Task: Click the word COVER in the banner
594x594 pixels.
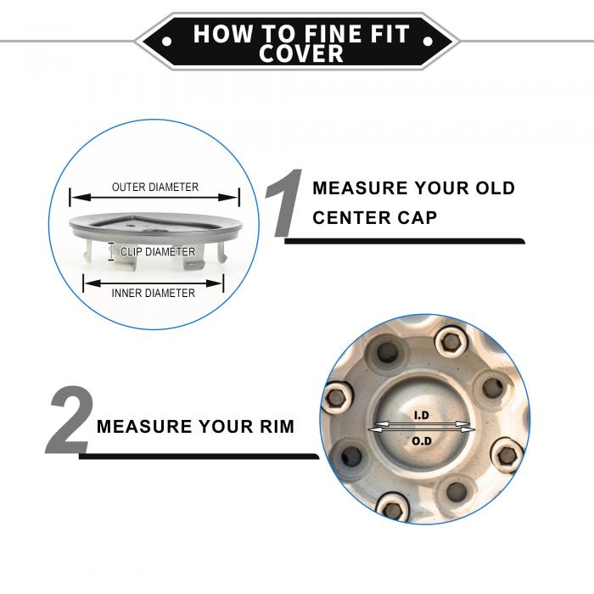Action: [x=301, y=53]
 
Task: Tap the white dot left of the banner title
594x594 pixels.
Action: [x=166, y=41]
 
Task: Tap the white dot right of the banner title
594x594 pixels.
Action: [x=428, y=41]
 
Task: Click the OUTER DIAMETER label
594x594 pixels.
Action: [x=155, y=188]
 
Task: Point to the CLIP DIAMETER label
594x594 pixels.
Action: [x=158, y=251]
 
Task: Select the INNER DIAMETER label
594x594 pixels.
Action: [x=154, y=294]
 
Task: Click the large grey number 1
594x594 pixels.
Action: [x=284, y=203]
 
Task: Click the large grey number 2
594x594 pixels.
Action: [x=70, y=420]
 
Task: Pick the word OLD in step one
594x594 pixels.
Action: [x=495, y=188]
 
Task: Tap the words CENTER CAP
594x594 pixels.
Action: [x=375, y=218]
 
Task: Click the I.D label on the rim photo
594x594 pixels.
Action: [x=421, y=416]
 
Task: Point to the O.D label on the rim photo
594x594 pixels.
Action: [x=422, y=441]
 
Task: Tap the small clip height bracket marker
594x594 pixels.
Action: [x=110, y=251]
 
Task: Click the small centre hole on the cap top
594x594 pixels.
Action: [x=131, y=225]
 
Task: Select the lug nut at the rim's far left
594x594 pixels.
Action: [x=336, y=398]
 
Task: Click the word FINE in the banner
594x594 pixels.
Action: [x=333, y=33]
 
